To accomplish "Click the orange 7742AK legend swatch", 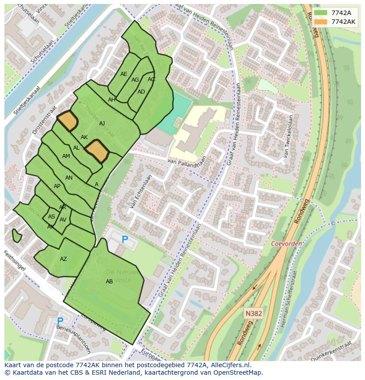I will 321,22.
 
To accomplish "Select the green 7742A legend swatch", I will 321,13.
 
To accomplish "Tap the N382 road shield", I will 253,313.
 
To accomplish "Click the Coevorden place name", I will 286,244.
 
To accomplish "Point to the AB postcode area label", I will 109,282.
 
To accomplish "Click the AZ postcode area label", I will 63,259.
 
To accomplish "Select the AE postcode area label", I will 124,74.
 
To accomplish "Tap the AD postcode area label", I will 141,92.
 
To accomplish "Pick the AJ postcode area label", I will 102,124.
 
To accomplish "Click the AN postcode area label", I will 69,178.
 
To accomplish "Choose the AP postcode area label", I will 57,186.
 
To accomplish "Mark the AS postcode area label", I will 52,217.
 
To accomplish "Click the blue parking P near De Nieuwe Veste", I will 125,240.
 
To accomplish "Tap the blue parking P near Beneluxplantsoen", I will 60,321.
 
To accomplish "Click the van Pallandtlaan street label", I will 187,163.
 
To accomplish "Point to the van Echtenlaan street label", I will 141,191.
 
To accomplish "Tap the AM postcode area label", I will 66,156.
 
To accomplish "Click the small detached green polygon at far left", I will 17,236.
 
